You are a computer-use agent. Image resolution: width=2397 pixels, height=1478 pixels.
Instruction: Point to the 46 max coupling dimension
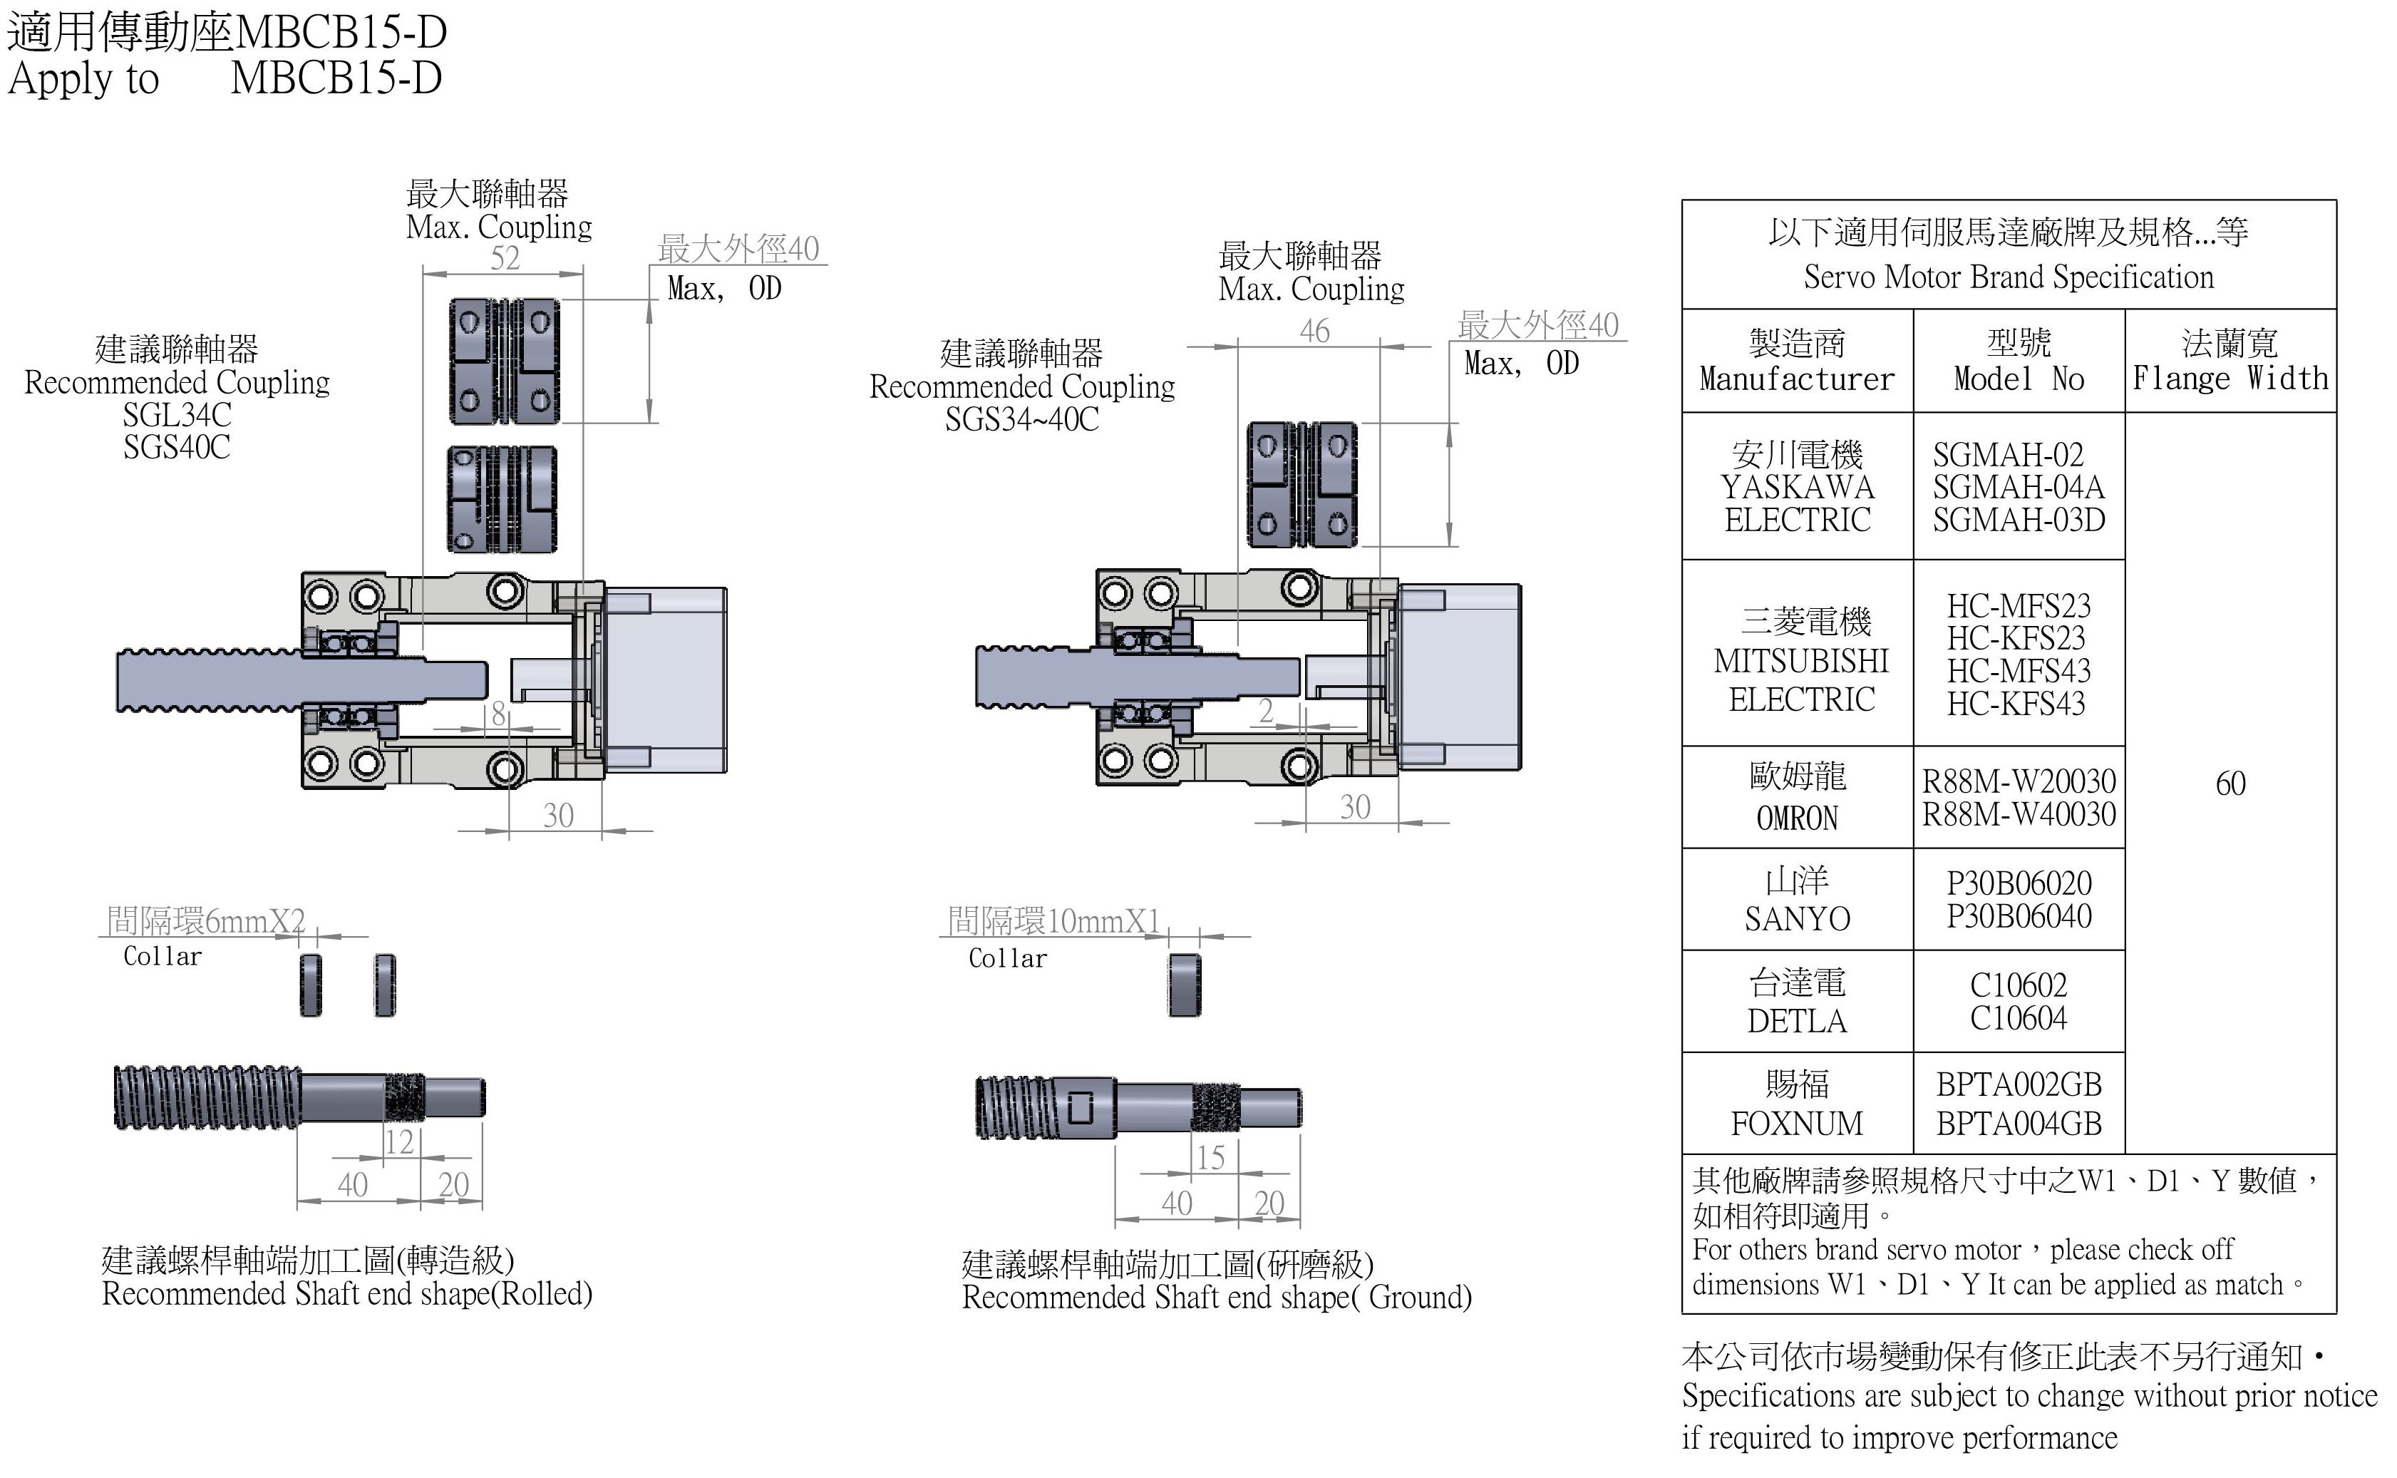pyautogui.click(x=1314, y=332)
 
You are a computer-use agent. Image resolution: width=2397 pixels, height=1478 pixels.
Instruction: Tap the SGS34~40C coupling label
pyautogui.click(x=1021, y=419)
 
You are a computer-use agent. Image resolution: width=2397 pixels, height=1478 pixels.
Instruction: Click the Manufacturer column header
pyautogui.click(x=1796, y=379)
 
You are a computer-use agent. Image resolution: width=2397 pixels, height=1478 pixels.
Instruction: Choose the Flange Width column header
pyautogui.click(x=2230, y=379)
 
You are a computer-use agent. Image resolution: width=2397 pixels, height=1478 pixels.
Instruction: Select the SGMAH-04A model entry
pyautogui.click(x=2018, y=487)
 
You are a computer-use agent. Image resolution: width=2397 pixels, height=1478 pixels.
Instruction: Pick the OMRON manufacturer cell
pyautogui.click(x=1796, y=817)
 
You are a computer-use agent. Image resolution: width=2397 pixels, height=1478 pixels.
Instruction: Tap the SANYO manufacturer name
pyautogui.click(x=1797, y=919)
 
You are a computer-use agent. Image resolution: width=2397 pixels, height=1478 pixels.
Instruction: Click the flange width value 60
pyautogui.click(x=2230, y=783)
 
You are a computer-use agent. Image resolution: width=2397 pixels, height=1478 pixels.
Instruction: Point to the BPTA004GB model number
pyautogui.click(x=2019, y=1123)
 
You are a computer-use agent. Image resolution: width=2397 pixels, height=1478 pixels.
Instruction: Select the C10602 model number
pyautogui.click(x=2018, y=985)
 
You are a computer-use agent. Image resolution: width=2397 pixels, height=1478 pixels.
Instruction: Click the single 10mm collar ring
pyautogui.click(x=1185, y=985)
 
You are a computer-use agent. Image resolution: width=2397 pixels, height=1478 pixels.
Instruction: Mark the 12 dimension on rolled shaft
pyautogui.click(x=400, y=1141)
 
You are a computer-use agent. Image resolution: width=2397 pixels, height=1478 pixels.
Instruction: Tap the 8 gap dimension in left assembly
pyautogui.click(x=498, y=714)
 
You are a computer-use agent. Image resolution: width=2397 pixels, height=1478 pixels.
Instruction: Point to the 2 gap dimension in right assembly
pyautogui.click(x=1265, y=711)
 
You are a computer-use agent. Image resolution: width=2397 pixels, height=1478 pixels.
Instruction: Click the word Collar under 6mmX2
pyautogui.click(x=163, y=956)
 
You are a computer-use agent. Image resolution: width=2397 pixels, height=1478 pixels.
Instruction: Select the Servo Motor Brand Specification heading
pyautogui.click(x=2008, y=277)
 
